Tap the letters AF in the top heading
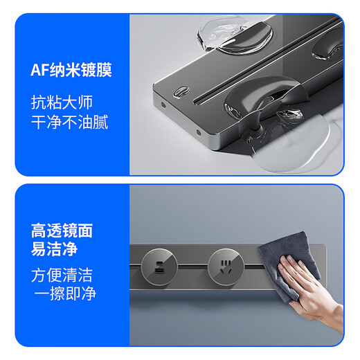coord(39,69)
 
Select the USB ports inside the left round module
coord(154,264)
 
